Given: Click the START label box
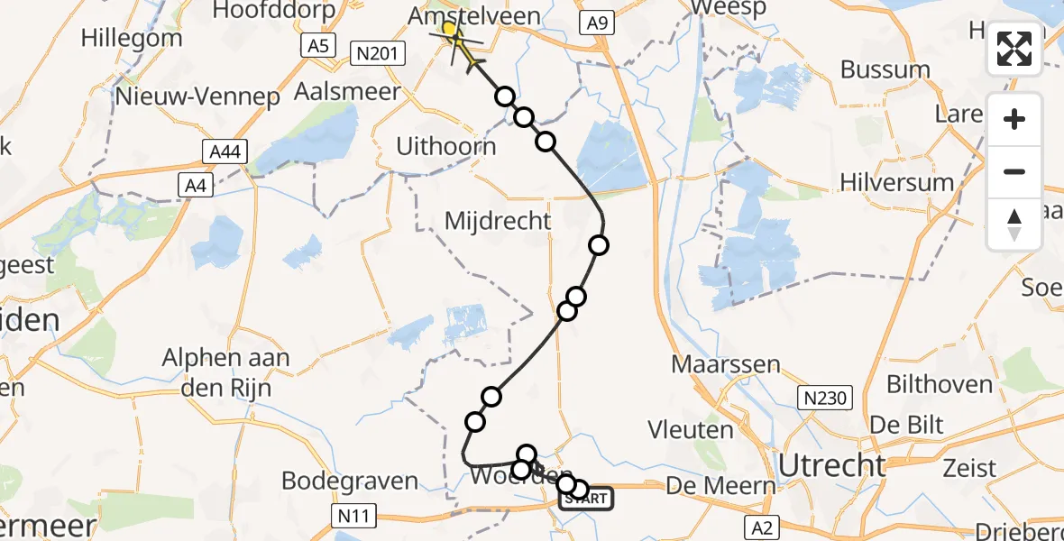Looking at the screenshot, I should tap(587, 499).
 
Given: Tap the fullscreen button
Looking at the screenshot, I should tap(1014, 48).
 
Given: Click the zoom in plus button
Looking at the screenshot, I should tap(1014, 119).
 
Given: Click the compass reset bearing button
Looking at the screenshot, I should tap(1014, 225).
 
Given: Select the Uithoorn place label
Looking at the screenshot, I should tap(446, 146).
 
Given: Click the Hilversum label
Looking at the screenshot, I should tap(896, 182).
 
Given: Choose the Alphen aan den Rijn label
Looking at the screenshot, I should tap(225, 372).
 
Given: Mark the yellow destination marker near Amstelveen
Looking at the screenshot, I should tap(450, 30).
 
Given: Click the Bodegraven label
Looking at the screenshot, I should tap(350, 481).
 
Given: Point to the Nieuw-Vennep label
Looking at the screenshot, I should tap(197, 97).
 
